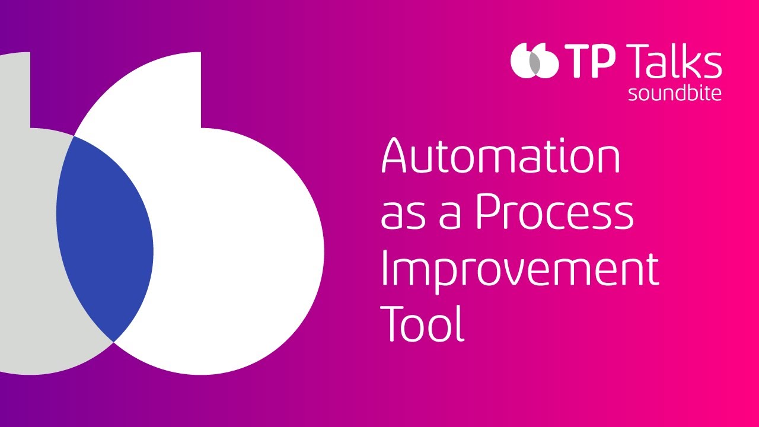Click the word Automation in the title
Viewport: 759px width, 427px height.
(500, 156)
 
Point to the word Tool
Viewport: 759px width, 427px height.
(422, 324)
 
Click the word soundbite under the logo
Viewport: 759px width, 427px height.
(675, 94)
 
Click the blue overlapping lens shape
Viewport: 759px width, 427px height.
(104, 237)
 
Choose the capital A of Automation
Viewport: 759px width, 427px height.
(398, 156)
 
